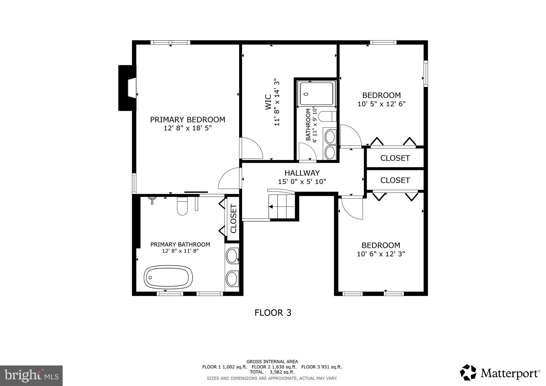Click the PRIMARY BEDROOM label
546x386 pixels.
(187, 120)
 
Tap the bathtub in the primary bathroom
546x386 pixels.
(168, 277)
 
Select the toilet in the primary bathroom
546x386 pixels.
(182, 206)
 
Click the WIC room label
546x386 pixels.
(268, 102)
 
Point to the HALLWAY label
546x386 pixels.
(302, 173)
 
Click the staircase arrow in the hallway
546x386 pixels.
(271, 207)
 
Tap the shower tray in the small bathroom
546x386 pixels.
(316, 94)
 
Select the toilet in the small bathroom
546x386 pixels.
(328, 116)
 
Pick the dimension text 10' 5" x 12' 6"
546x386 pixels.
(381, 104)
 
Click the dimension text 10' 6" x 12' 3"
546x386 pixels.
(381, 254)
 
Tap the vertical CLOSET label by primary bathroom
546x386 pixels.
(233, 219)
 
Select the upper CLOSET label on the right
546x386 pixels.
(395, 158)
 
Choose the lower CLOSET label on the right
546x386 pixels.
(395, 180)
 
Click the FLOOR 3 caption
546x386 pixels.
(273, 313)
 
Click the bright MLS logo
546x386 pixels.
(31, 376)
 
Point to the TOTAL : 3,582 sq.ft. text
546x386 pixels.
(272, 372)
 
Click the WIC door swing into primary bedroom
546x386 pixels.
(252, 148)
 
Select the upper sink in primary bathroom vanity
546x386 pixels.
(232, 256)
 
